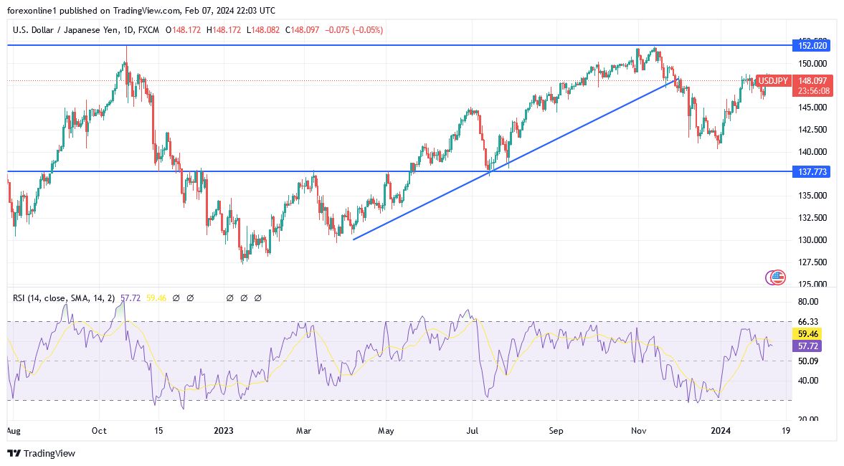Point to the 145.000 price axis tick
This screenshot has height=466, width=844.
coord(812,108)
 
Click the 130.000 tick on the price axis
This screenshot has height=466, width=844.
coord(812,240)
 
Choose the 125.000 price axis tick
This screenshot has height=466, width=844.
coord(812,284)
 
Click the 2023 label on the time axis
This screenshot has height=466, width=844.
coord(224,431)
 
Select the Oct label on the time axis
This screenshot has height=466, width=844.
coord(99,431)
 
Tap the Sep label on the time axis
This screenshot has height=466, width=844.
coord(556,431)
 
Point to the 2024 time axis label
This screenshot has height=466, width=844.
coord(721,431)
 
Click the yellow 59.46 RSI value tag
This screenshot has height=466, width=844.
coord(808,334)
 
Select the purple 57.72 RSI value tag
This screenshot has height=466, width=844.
coord(808,346)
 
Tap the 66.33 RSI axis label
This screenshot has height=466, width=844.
coord(808,322)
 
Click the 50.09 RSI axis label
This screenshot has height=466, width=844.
coord(808,361)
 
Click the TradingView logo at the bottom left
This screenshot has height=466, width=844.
coord(41,453)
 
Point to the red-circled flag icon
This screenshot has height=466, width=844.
coord(776,277)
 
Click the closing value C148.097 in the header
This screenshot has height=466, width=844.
coord(306,30)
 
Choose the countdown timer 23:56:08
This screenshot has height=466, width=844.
coord(814,91)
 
